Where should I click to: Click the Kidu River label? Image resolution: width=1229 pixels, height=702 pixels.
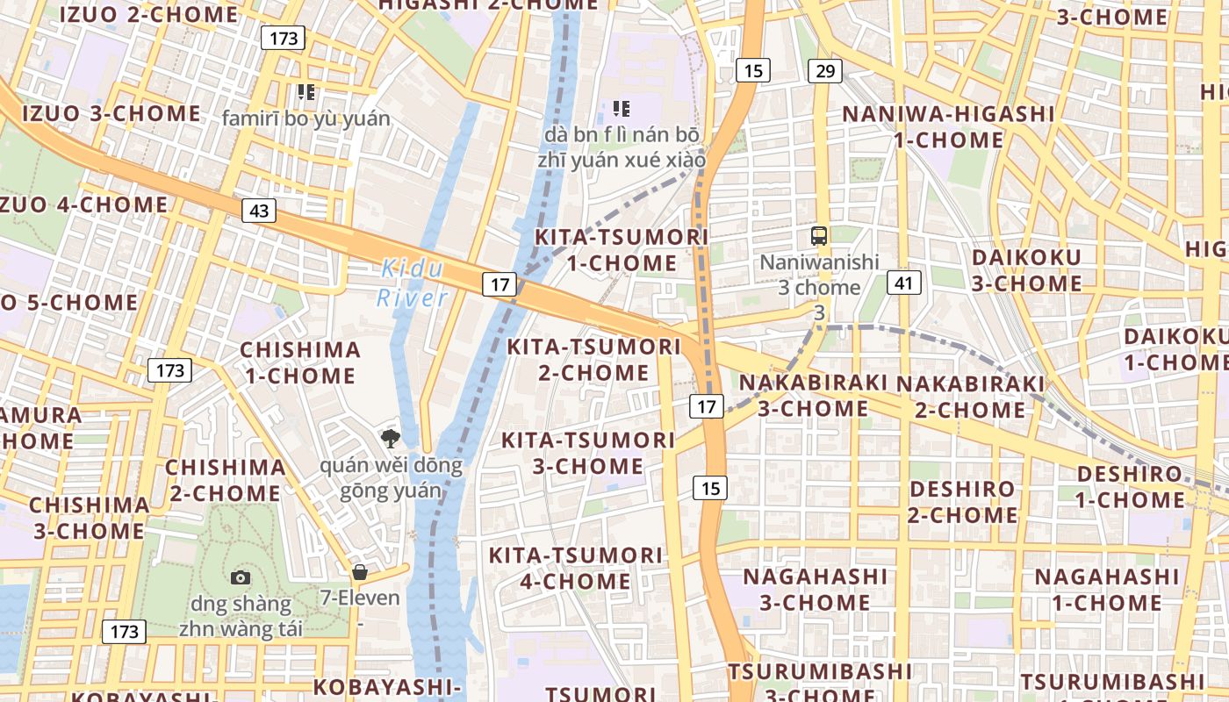click(x=413, y=283)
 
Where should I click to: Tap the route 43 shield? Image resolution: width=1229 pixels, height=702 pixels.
click(x=259, y=211)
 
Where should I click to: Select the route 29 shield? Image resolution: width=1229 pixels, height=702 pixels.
click(x=824, y=70)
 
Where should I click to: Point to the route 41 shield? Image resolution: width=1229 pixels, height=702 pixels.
click(x=903, y=282)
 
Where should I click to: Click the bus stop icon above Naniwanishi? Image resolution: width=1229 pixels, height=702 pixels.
click(x=819, y=235)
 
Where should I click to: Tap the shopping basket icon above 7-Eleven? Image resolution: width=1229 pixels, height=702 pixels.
click(x=359, y=572)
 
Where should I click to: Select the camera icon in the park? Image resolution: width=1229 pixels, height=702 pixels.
click(x=240, y=577)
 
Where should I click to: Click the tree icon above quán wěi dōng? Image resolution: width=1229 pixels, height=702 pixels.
click(x=389, y=437)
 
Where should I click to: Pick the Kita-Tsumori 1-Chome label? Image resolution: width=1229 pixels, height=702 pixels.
click(x=622, y=250)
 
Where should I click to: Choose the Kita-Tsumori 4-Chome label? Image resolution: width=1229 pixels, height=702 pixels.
click(x=575, y=568)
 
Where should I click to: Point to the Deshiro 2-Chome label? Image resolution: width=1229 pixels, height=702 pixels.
click(x=962, y=502)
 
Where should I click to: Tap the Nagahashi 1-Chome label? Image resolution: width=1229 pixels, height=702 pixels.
click(x=1107, y=590)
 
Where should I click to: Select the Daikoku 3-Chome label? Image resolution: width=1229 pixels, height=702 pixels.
click(x=1026, y=270)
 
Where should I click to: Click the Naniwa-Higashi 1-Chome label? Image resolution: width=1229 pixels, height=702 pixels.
click(x=949, y=126)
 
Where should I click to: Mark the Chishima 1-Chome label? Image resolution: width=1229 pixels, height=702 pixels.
click(x=300, y=362)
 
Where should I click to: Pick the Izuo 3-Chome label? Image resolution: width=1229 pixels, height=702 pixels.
click(x=111, y=113)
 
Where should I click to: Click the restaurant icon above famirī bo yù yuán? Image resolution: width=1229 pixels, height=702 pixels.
click(x=305, y=90)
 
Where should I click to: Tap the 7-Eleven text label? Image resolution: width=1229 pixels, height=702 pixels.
click(x=360, y=598)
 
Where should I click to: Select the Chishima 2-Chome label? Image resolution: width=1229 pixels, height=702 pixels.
click(x=226, y=479)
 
